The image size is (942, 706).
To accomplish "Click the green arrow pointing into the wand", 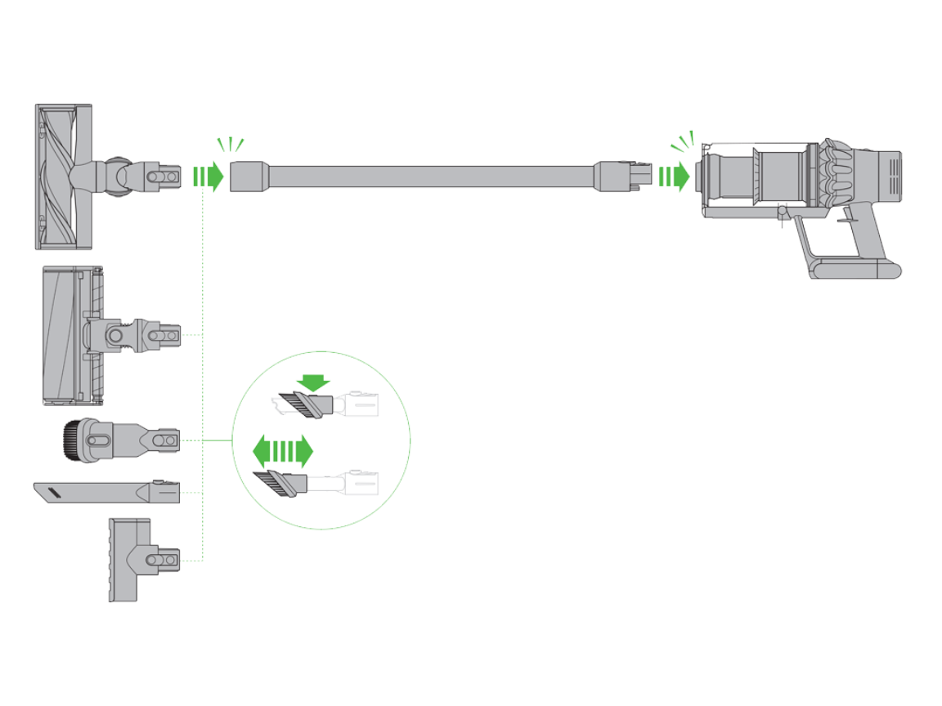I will click(208, 176).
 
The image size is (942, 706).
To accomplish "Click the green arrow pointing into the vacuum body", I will click(675, 176).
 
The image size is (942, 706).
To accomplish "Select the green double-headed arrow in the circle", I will click(283, 450).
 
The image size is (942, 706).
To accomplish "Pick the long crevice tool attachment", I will click(106, 493).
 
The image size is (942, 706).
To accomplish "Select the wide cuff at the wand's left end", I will click(248, 176).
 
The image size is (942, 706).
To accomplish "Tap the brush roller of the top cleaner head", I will click(56, 176).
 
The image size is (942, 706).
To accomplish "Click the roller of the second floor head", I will click(61, 335).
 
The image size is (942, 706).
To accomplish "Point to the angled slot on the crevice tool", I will click(55, 492).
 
